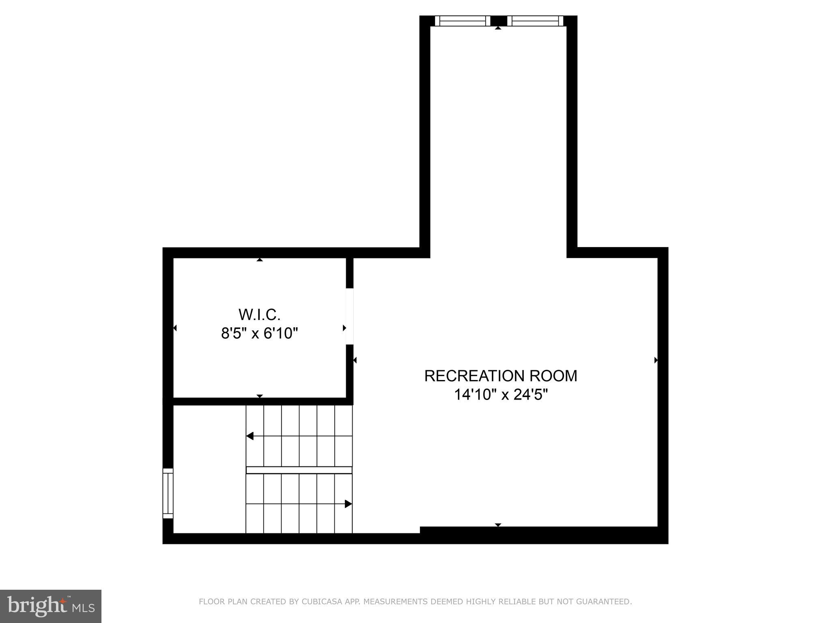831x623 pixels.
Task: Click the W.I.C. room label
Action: (x=259, y=314)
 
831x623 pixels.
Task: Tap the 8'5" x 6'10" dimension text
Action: (x=259, y=333)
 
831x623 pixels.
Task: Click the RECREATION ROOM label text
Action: (x=500, y=376)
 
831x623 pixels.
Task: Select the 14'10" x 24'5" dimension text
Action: (x=500, y=395)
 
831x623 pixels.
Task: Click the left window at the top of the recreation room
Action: (x=463, y=21)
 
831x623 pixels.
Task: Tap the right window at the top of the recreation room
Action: (x=535, y=21)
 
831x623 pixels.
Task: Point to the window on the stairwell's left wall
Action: (x=168, y=493)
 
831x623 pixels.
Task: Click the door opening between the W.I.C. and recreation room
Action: (x=349, y=316)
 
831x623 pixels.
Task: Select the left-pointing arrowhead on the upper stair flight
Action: (x=250, y=436)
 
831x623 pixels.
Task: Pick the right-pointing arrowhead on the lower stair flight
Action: (x=348, y=504)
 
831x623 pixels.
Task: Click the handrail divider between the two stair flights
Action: (x=299, y=470)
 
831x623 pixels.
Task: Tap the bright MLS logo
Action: (x=51, y=606)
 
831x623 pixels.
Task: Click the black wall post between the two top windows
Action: (x=499, y=21)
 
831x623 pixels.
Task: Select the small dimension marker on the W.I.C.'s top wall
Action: (x=260, y=260)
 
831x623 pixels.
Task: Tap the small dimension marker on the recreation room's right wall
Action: (x=656, y=360)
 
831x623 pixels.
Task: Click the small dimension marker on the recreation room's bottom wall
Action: (x=498, y=525)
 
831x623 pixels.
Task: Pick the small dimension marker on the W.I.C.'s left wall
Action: (x=175, y=328)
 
